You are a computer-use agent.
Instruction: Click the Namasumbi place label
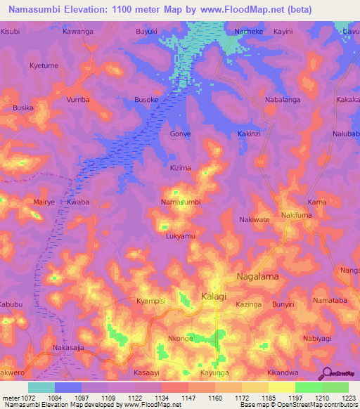click(181, 202)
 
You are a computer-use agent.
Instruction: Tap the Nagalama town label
click(257, 277)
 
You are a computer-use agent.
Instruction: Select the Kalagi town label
click(214, 297)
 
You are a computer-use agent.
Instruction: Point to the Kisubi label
click(11, 32)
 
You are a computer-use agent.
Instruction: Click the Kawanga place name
click(78, 32)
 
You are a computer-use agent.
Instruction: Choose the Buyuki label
click(147, 32)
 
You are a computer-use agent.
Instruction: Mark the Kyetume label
click(43, 65)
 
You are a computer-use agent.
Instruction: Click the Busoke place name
click(146, 100)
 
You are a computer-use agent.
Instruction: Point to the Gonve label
click(181, 134)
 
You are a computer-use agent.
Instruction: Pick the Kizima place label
click(181, 168)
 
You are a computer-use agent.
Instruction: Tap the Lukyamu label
click(181, 236)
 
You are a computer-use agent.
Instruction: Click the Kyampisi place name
click(150, 301)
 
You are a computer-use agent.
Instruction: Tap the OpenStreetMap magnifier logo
click(326, 373)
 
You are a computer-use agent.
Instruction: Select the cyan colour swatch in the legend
click(41, 387)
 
